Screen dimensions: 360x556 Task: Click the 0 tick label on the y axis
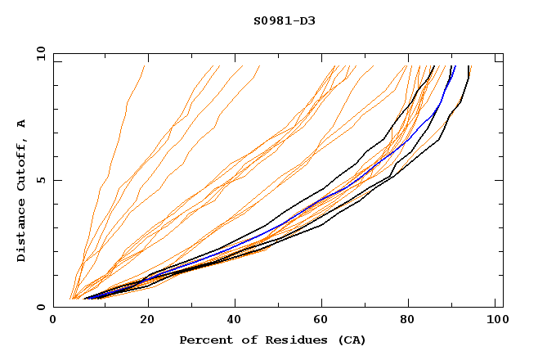(41, 307)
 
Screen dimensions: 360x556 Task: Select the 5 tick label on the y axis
(41, 180)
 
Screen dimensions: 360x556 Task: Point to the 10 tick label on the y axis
(38, 53)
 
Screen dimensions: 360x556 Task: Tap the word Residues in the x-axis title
(280, 340)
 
